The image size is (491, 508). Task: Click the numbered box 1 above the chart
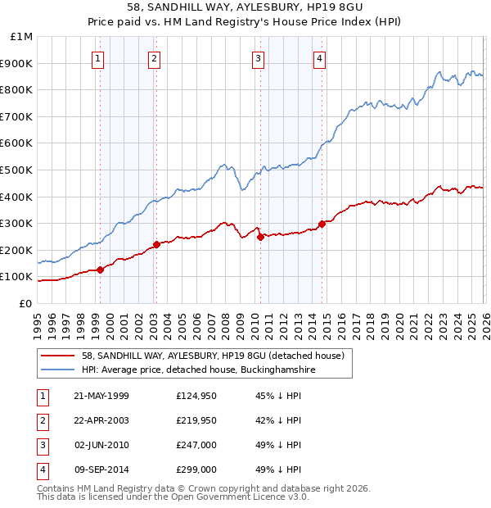[x=98, y=58]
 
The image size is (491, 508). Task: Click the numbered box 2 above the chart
[x=155, y=58]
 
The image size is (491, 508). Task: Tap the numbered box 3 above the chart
[x=258, y=58]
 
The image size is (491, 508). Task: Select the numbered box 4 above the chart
[x=319, y=58]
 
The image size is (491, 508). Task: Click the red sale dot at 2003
[x=156, y=244]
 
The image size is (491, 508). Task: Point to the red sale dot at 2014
[x=322, y=223]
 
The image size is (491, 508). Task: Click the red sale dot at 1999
[x=100, y=270]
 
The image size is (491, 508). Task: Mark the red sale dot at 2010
[x=260, y=237]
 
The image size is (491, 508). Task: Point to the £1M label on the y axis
[x=21, y=37]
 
